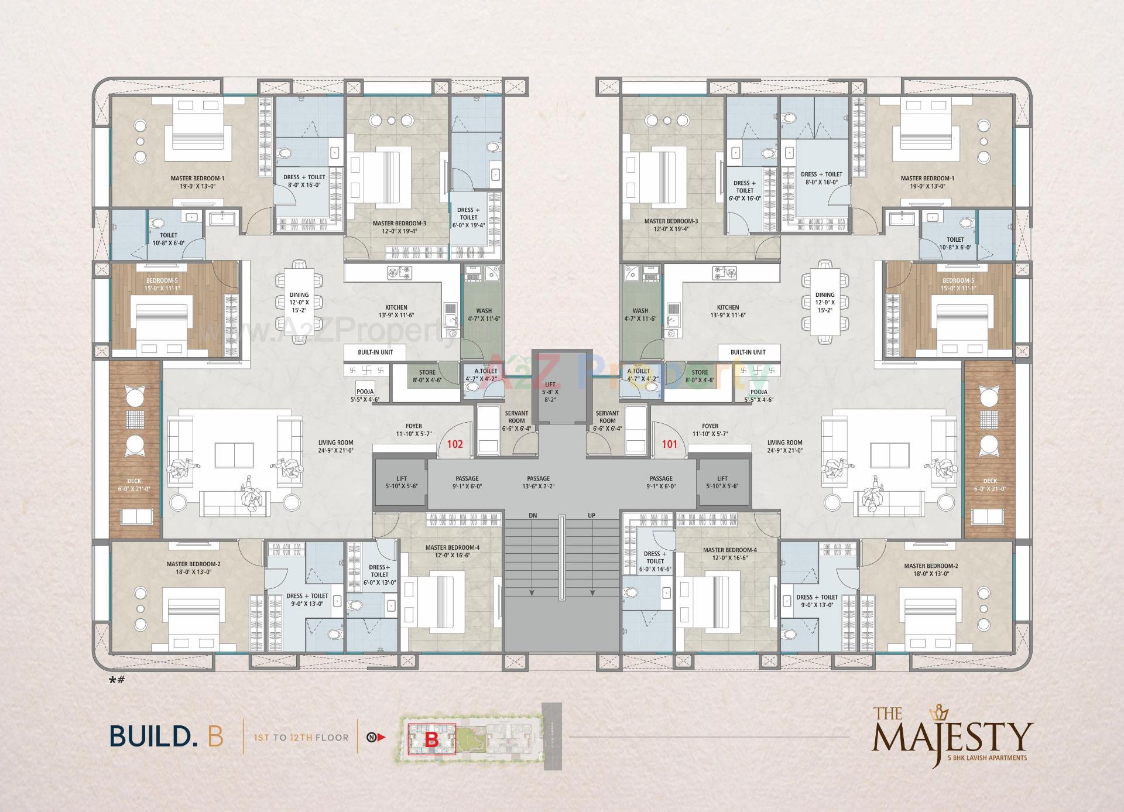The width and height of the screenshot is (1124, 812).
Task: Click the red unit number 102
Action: pos(455,444)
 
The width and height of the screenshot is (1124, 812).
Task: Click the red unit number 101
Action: pos(669,444)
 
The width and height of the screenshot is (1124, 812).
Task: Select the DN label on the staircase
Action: pos(533,516)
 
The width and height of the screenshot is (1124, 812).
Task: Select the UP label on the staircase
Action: pos(591,516)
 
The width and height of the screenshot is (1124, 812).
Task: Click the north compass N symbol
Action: pos(371,737)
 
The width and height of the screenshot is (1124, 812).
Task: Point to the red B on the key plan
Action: pos(432,739)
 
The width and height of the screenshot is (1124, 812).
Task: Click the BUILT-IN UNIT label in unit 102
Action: pos(375,352)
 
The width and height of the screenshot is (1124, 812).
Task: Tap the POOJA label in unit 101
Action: pos(759,392)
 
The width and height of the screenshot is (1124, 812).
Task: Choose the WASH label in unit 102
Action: pos(484,311)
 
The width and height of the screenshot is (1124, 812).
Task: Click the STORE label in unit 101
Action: pos(700,372)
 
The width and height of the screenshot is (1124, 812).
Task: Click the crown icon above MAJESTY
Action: pos(941,710)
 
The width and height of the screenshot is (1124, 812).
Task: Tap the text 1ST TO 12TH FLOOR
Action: pos(300,738)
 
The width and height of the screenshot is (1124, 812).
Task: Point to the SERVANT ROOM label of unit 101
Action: pos(607,417)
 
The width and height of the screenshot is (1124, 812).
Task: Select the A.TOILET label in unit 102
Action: pos(485,371)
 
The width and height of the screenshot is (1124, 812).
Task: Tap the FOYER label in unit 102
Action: pos(413,427)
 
